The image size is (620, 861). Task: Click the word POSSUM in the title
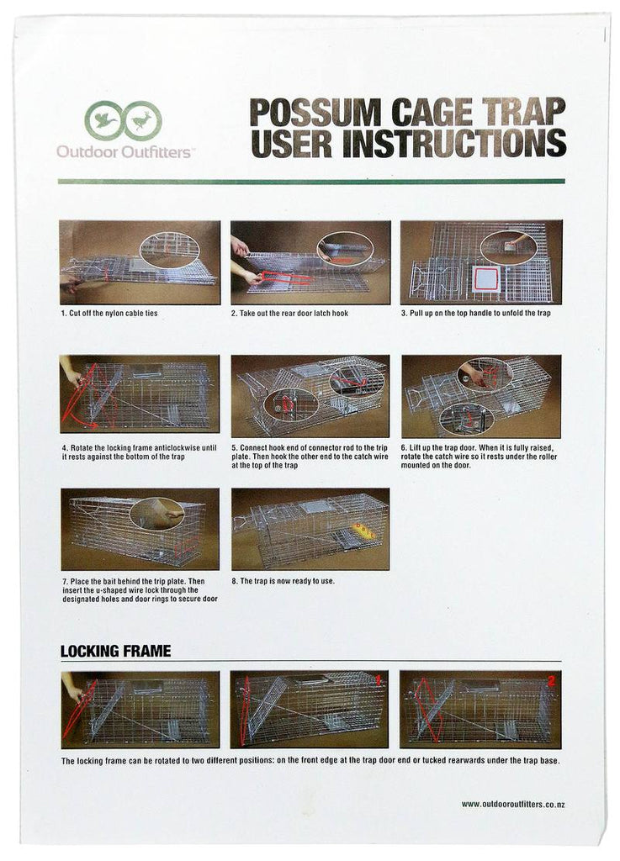click(x=319, y=112)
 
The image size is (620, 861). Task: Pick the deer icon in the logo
click(x=142, y=119)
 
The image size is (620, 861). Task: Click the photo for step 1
click(x=140, y=262)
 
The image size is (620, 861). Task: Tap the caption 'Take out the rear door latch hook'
click(x=289, y=313)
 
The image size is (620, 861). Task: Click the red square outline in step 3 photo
click(x=485, y=280)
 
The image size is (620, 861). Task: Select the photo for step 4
click(x=140, y=394)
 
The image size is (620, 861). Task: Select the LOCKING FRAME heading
click(x=115, y=651)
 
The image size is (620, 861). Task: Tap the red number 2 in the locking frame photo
click(x=551, y=681)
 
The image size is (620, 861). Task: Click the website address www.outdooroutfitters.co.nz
click(x=512, y=805)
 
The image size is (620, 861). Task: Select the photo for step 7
click(x=140, y=528)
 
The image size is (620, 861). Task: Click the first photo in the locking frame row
click(x=140, y=709)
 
